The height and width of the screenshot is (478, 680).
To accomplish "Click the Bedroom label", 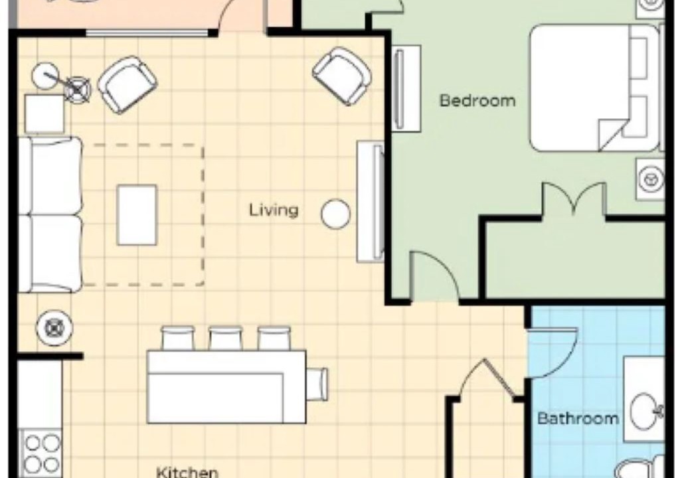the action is click(477, 101).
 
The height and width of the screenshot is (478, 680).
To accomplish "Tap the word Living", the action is click(274, 210).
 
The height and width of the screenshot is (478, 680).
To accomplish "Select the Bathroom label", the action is click(578, 418).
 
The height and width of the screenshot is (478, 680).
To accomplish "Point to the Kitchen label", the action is click(187, 472).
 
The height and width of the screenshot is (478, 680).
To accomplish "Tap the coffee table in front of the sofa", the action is click(137, 215).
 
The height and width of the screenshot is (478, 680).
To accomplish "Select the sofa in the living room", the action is click(50, 214).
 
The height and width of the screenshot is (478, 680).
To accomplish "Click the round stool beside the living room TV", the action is click(335, 214).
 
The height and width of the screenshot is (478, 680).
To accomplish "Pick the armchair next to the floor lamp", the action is click(127, 84).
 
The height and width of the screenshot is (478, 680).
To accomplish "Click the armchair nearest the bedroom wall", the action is click(342, 76).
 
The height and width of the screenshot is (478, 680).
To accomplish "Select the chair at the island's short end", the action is click(317, 384).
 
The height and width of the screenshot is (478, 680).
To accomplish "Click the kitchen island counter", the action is click(226, 387).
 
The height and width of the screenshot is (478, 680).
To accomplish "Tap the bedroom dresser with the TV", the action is click(407, 88).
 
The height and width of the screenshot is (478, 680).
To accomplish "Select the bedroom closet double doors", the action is click(574, 199).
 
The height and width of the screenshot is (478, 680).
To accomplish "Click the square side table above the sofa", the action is click(44, 114).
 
